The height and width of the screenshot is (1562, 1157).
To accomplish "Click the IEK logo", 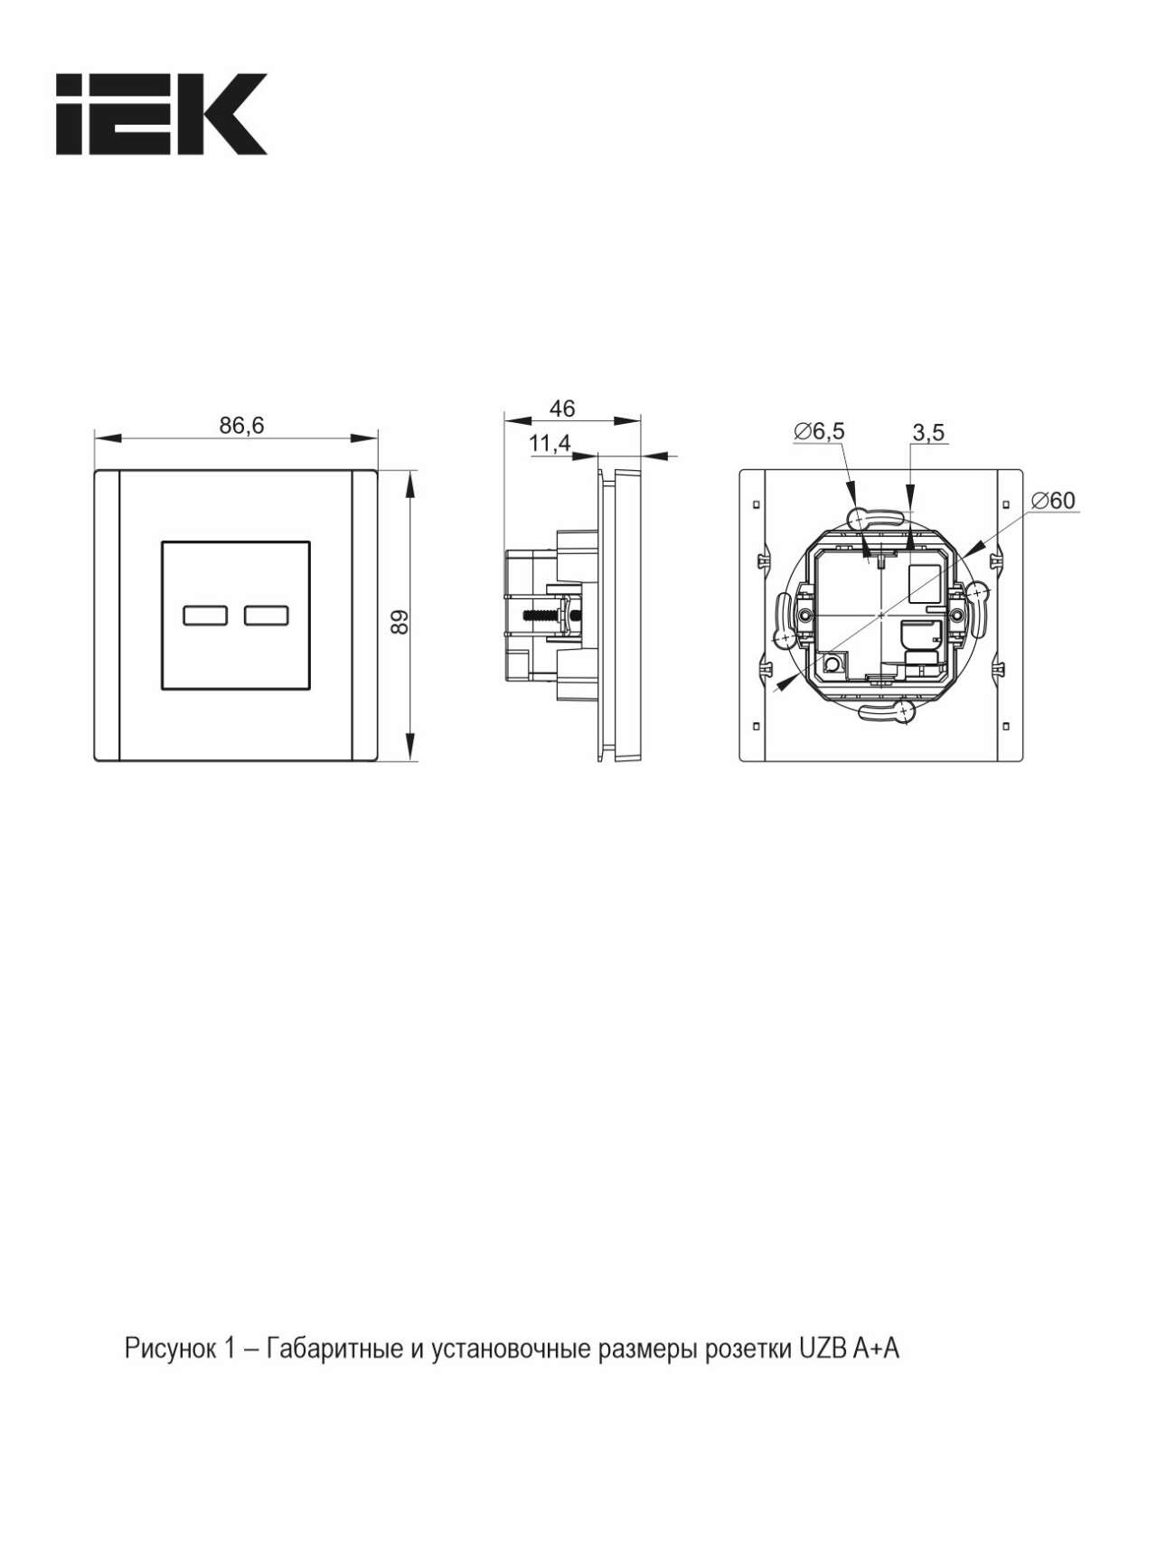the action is pyautogui.click(x=162, y=115).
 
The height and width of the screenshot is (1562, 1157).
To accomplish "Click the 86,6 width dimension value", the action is pyautogui.click(x=241, y=425).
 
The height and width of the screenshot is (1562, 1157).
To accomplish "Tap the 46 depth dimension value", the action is pyautogui.click(x=562, y=409).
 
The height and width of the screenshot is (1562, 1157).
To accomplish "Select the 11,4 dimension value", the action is pyautogui.click(x=550, y=443).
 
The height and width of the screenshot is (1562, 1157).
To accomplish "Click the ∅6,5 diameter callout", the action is pyautogui.click(x=819, y=431).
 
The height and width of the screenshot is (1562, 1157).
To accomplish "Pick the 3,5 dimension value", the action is pyautogui.click(x=928, y=433).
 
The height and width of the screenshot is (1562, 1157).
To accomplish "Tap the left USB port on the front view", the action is pyautogui.click(x=205, y=616).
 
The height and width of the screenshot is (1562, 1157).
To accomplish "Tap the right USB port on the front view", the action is pyautogui.click(x=266, y=616).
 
